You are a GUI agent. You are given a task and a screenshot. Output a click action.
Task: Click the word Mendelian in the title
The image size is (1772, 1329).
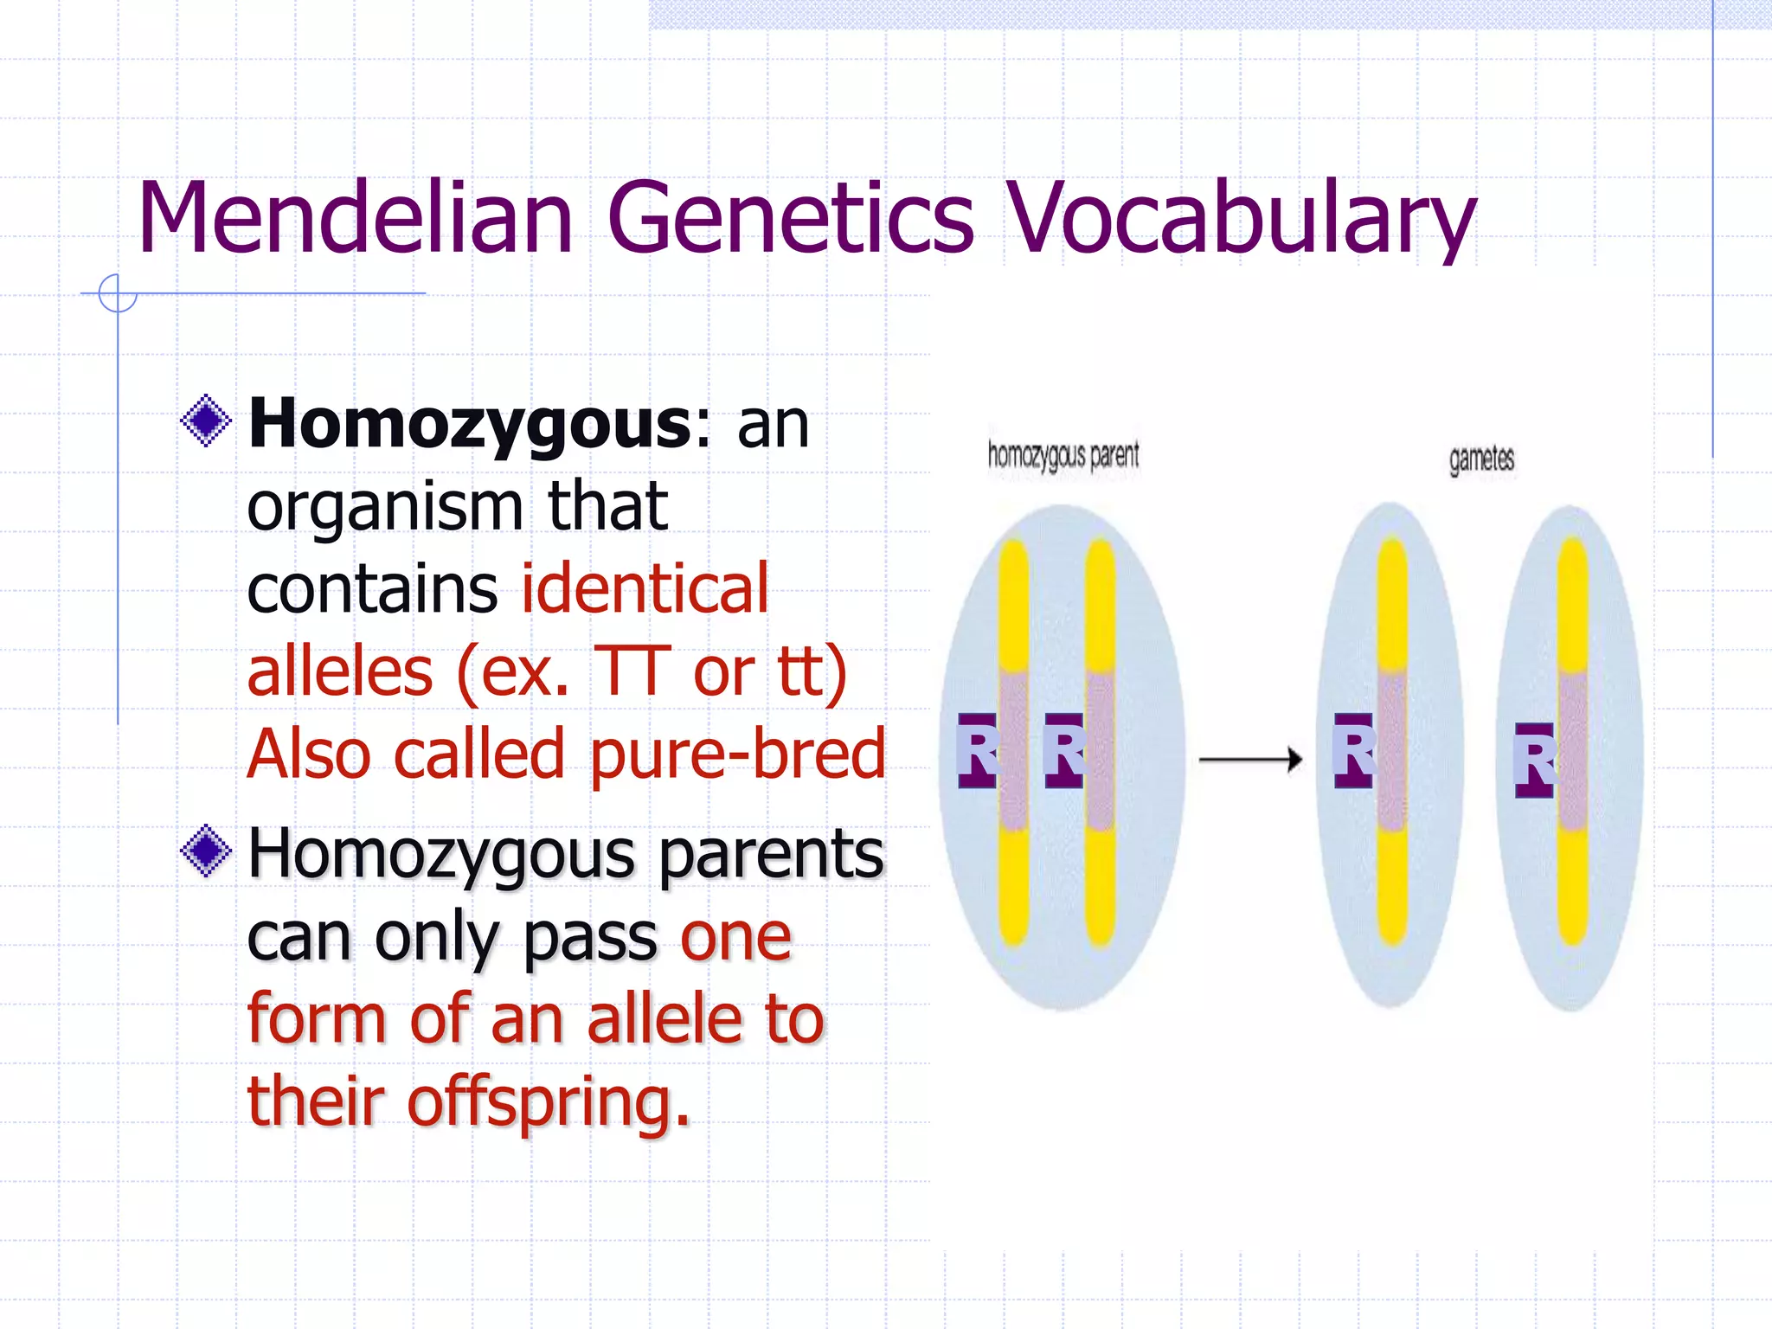click(x=355, y=218)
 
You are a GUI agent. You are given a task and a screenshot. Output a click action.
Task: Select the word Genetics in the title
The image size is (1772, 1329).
click(x=791, y=218)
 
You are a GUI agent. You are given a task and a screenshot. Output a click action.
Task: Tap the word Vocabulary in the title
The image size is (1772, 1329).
click(x=1242, y=218)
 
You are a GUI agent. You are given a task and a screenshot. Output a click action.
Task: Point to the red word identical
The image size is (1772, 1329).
click(x=645, y=588)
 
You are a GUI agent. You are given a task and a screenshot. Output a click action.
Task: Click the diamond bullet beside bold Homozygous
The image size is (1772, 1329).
click(x=206, y=421)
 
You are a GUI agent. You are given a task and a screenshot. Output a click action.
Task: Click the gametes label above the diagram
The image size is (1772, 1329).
click(x=1481, y=459)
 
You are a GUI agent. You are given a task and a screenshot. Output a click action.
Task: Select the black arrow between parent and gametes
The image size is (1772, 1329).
click(x=1250, y=760)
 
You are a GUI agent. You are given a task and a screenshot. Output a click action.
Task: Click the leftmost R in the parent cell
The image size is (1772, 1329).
click(x=978, y=751)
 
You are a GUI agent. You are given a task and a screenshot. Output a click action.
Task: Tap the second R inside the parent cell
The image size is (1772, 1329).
click(x=1064, y=751)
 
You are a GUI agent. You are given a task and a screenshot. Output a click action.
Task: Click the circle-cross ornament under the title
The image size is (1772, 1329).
click(x=118, y=293)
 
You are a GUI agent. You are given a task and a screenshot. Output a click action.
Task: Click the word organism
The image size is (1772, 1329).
click(x=385, y=507)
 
